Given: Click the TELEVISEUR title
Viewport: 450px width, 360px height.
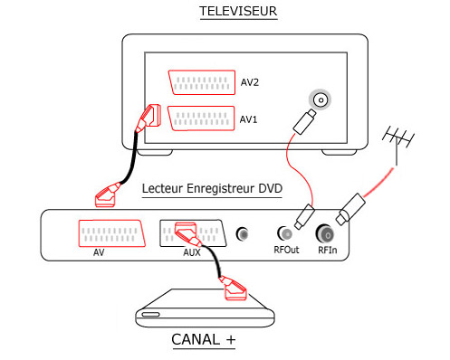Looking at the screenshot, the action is (x=238, y=11).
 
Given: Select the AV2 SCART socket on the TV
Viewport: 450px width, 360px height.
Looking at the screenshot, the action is (x=202, y=82).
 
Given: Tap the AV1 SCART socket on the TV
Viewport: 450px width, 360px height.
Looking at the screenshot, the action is (x=201, y=118).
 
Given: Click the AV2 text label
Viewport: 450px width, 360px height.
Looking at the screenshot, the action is (x=250, y=82).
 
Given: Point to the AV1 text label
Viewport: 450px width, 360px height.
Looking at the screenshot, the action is (x=248, y=119).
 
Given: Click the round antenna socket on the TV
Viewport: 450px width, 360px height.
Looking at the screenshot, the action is (x=321, y=99).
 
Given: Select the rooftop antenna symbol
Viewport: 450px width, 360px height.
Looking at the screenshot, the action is (x=397, y=143).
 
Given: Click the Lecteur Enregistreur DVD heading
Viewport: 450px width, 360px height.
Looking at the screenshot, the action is (x=212, y=188).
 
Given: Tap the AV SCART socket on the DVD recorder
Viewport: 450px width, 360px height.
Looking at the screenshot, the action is (x=111, y=233).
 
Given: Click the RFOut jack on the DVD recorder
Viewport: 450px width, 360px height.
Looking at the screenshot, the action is (x=285, y=233).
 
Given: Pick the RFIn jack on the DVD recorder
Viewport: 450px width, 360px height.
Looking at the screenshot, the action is (x=326, y=233).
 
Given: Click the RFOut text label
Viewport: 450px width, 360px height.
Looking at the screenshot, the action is (x=286, y=250).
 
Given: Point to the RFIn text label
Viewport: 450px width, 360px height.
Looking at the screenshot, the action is (x=328, y=250).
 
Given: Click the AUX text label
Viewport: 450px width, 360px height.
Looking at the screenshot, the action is (x=192, y=252).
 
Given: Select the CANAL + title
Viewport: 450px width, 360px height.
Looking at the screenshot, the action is (x=204, y=339).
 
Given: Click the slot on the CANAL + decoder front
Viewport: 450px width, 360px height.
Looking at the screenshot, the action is (x=150, y=315).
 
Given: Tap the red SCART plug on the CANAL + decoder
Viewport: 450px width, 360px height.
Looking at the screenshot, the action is (x=233, y=289).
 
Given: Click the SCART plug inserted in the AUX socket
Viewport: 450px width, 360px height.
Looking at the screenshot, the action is (x=187, y=234).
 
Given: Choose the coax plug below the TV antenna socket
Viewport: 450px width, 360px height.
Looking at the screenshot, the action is (x=304, y=121).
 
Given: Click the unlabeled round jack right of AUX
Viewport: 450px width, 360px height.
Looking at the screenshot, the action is (x=242, y=234).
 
